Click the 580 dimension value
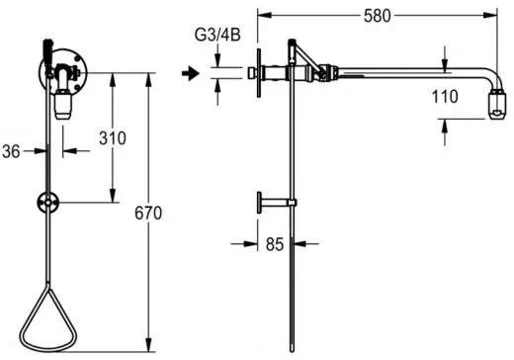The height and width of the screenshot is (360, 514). pos(377,16)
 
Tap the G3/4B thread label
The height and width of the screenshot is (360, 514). pos(217,35)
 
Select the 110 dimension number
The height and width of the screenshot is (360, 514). pos(445,97)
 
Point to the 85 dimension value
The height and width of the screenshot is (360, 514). pos(275,244)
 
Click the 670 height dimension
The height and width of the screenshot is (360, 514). pos(148,213)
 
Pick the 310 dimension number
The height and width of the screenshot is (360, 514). pos(113,138)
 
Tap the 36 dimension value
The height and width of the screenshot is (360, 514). pos(11,151)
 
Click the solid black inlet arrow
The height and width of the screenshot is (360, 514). pos(191,73)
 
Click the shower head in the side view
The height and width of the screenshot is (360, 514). pos(497,104)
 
